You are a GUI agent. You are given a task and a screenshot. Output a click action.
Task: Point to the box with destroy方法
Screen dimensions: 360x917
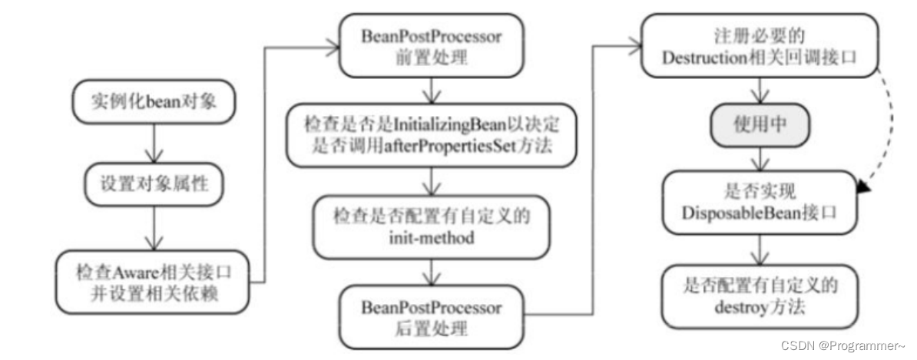point(760,296)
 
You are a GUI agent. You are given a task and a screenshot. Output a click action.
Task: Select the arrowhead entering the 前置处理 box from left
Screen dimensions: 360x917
point(333,48)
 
